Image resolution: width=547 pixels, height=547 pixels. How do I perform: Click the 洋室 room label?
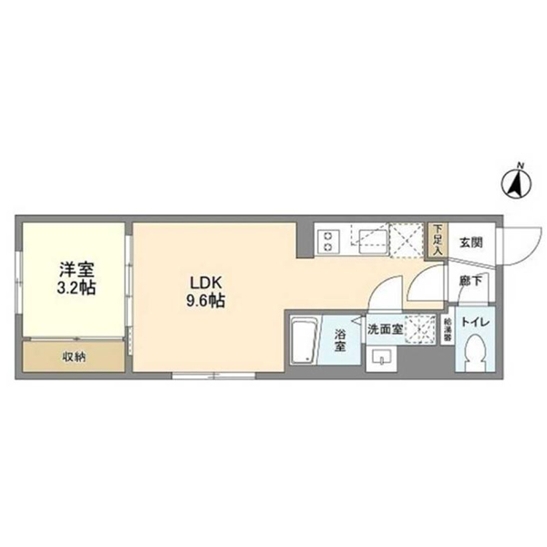click(77, 270)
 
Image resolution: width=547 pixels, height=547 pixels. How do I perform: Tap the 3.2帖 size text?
click(77, 288)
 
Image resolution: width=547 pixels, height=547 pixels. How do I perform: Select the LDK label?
click(205, 283)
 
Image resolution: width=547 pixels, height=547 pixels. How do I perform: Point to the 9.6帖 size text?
click(205, 301)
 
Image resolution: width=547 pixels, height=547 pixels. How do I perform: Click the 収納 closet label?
click(74, 356)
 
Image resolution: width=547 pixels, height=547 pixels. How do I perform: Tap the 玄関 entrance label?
click(471, 243)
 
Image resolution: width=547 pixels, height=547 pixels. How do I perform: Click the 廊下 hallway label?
click(470, 281)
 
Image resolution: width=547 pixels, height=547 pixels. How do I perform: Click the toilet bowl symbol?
click(476, 351)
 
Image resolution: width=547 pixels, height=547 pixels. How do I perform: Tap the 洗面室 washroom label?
click(385, 329)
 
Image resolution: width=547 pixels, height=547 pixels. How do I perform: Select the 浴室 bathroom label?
click(340, 340)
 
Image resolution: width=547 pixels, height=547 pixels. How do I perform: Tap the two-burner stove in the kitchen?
click(328, 241)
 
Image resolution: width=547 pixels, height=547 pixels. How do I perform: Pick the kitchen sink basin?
click(374, 241)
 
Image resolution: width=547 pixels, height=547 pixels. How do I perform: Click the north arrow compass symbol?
click(516, 183)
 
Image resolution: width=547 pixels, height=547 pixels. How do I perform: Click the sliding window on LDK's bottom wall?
click(214, 377)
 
